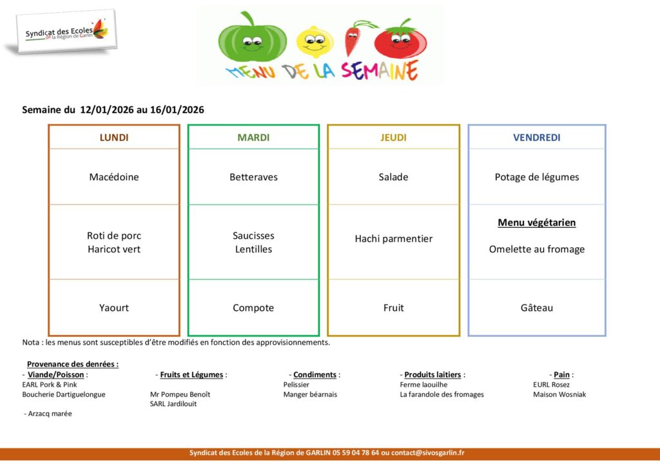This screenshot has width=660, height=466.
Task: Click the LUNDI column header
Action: (x=113, y=137)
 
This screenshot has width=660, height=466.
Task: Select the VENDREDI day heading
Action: (x=536, y=137)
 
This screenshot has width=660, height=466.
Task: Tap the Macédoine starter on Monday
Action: (x=113, y=177)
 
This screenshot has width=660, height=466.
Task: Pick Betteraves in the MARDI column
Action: (x=253, y=177)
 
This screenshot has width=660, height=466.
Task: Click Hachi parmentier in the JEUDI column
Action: (x=393, y=239)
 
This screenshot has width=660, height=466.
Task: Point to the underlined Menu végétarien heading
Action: (x=536, y=223)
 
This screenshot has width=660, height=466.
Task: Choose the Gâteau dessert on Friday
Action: (x=536, y=308)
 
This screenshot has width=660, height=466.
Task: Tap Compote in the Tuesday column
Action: (x=253, y=308)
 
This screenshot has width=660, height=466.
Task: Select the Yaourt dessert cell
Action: (x=113, y=308)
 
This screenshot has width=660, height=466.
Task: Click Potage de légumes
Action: (x=536, y=177)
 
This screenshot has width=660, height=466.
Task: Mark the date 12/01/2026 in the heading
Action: (x=106, y=110)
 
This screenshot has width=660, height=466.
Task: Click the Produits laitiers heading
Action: (x=432, y=375)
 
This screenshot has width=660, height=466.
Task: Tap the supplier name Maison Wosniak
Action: (x=559, y=395)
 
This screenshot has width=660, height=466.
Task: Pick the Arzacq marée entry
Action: (x=49, y=414)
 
